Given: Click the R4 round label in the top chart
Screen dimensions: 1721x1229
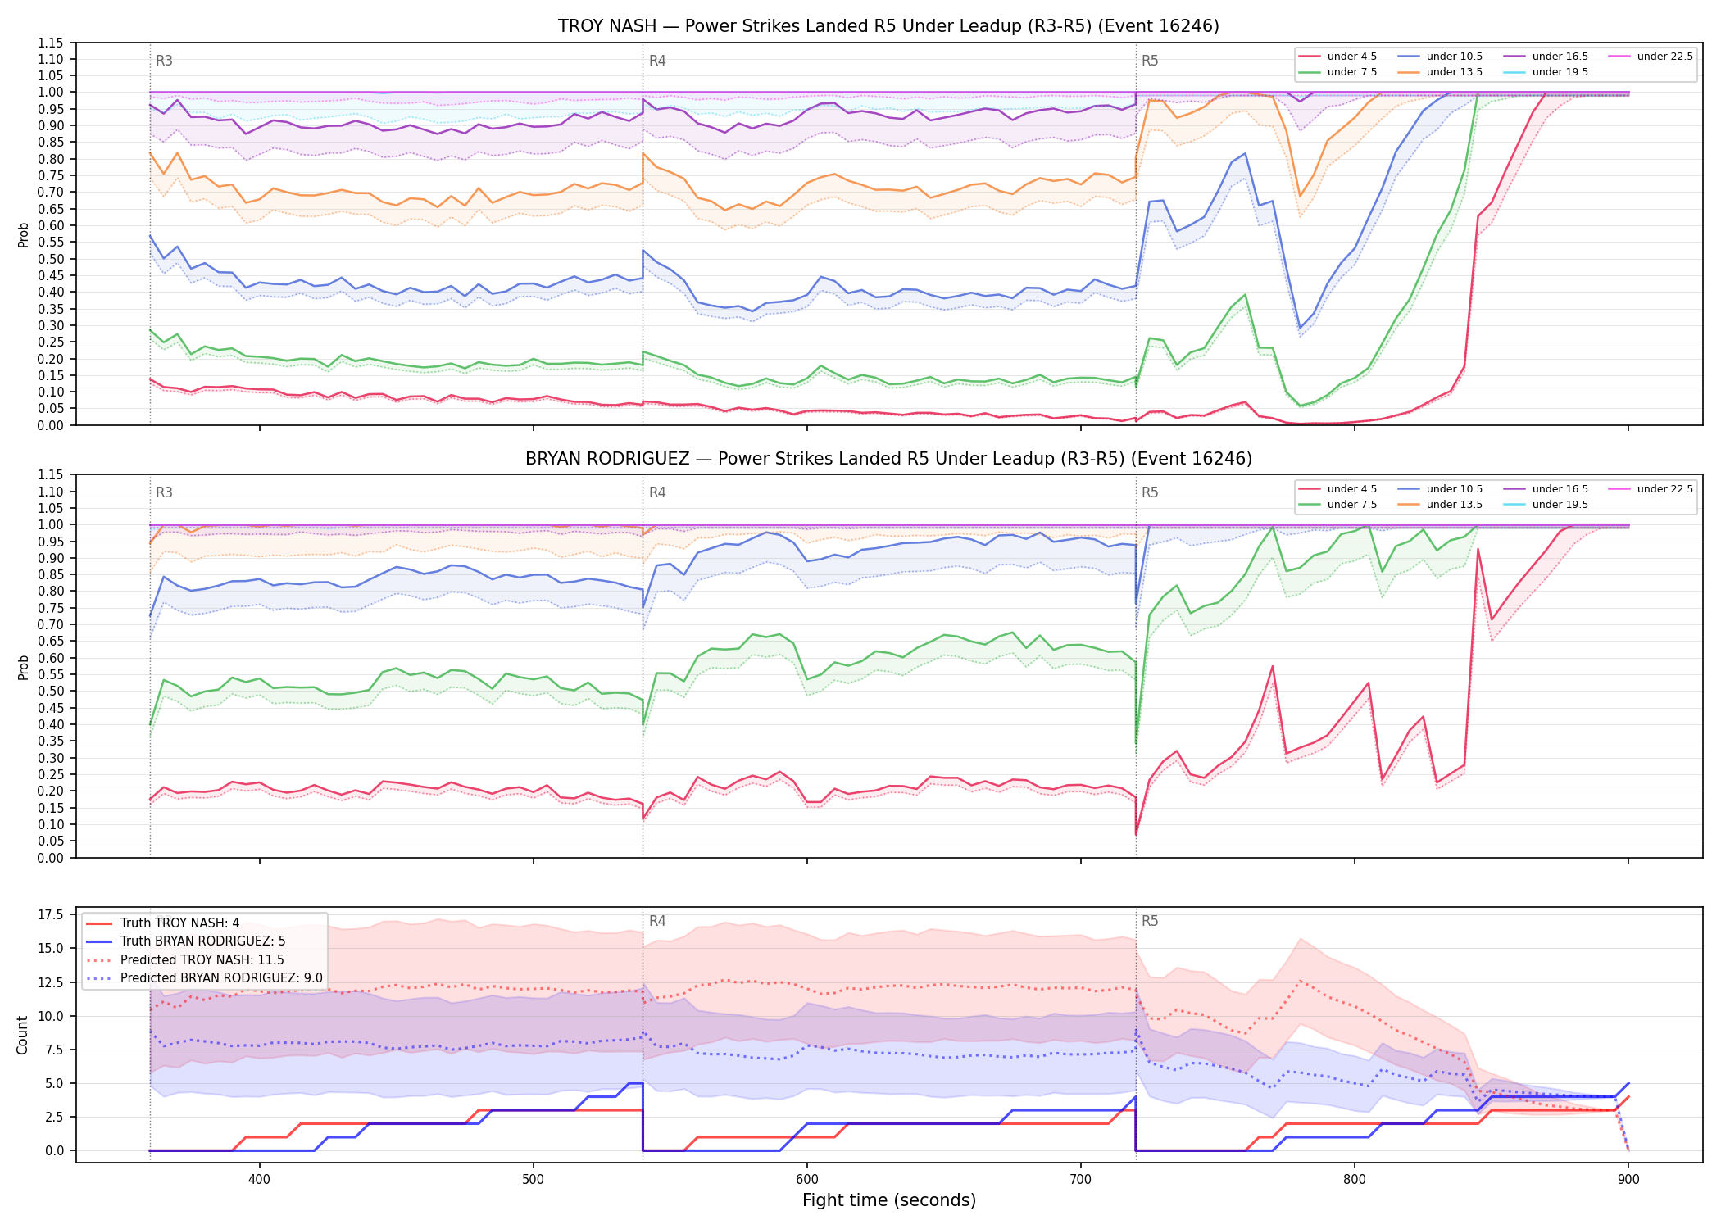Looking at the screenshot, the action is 657,61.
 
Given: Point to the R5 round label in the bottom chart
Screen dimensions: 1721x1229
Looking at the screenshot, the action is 1150,921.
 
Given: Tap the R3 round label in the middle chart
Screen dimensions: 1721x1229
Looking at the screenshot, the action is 164,492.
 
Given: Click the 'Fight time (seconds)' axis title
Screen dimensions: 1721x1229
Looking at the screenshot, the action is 889,1200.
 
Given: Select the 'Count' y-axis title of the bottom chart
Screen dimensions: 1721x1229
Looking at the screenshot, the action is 22,1035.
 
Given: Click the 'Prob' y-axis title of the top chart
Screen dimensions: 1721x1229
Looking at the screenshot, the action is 23,234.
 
